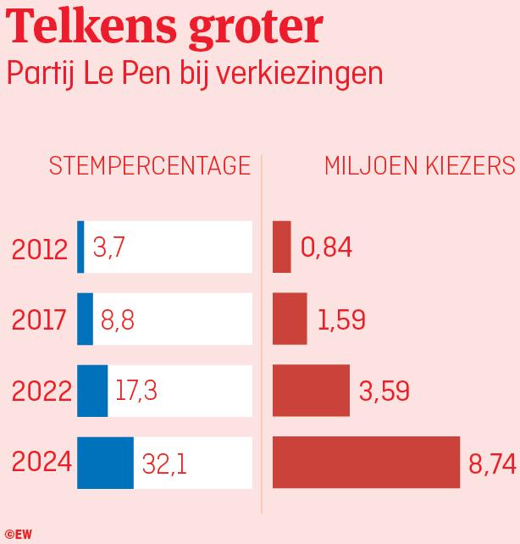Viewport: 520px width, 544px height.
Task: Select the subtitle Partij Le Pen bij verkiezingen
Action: point(195,74)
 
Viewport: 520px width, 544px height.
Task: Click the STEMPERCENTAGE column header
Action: point(150,165)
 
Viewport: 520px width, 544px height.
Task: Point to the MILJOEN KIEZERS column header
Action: point(420,165)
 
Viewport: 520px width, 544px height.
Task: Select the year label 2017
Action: point(40,320)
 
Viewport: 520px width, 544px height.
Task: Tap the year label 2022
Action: point(40,391)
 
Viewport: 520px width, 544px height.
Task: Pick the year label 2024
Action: point(40,463)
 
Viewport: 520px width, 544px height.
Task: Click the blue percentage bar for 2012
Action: point(80,247)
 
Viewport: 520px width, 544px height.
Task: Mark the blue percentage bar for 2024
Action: point(105,463)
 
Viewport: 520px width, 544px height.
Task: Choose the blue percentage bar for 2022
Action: point(92,391)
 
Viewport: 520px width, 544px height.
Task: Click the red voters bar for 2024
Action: point(366,463)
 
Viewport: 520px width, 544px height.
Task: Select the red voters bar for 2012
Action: point(281,247)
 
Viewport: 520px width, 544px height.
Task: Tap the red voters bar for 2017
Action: point(290,319)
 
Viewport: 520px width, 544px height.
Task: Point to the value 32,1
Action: point(164,464)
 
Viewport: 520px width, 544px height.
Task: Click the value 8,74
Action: point(491,464)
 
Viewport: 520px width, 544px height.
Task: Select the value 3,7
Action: point(109,248)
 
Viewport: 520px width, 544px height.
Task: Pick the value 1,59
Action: point(341,319)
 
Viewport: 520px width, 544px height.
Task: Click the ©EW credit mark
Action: point(18,534)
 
